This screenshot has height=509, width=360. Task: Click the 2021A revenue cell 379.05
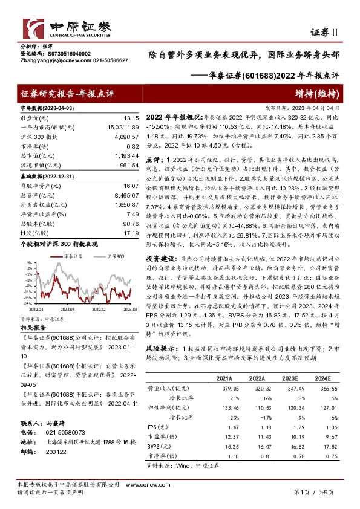coord(224,389)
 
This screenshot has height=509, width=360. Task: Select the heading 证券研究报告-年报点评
coord(67,94)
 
